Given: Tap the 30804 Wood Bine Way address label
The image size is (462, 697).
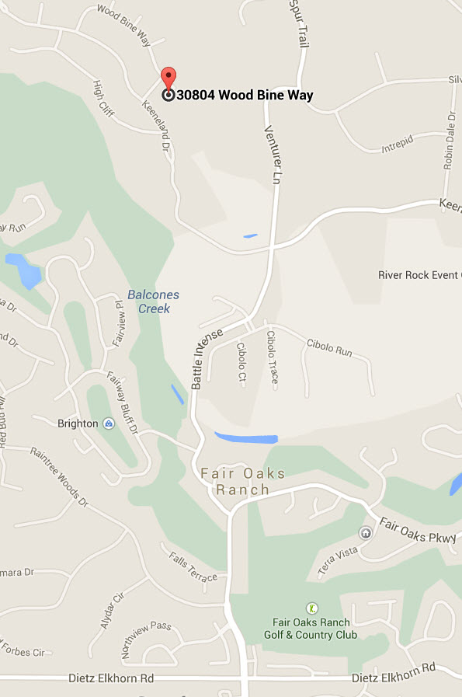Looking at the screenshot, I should pyautogui.click(x=245, y=96).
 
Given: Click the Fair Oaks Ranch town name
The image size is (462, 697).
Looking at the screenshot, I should pyautogui.click(x=243, y=482).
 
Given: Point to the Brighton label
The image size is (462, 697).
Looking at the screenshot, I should pyautogui.click(x=78, y=423).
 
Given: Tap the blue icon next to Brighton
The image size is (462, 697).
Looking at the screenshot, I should pyautogui.click(x=109, y=423).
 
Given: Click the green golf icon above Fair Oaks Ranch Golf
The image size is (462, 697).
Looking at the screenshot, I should pyautogui.click(x=312, y=608).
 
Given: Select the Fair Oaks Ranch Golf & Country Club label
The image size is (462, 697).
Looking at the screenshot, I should pyautogui.click(x=314, y=628).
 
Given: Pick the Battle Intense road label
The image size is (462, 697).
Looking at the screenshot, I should pyautogui.click(x=207, y=358).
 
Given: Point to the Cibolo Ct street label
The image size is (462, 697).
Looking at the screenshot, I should pyautogui.click(x=241, y=362).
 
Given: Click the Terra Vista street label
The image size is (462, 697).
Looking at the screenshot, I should pyautogui.click(x=337, y=562).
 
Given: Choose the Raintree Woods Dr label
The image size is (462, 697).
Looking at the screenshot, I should pyautogui.click(x=60, y=477).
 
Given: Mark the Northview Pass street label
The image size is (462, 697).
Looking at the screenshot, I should pyautogui.click(x=145, y=637).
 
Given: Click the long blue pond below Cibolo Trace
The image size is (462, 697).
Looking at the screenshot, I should pyautogui.click(x=246, y=437).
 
